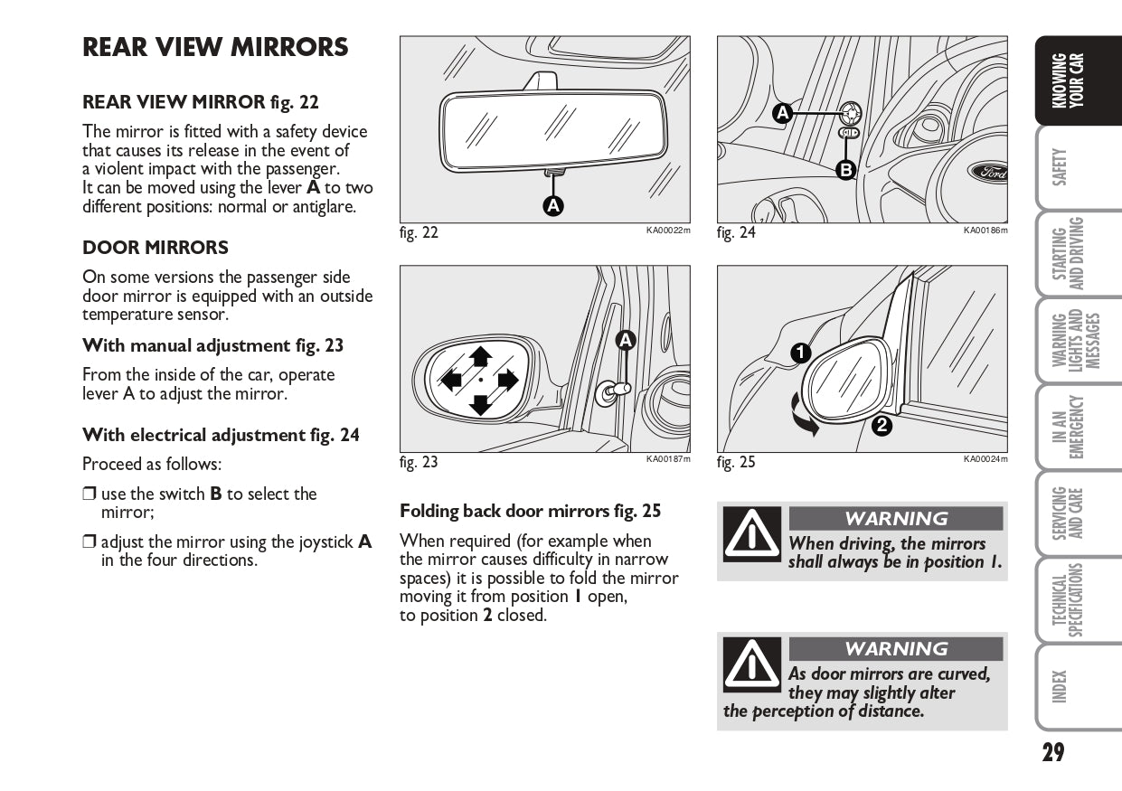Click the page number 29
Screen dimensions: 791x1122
1052,751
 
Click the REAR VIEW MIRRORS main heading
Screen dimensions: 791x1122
215,48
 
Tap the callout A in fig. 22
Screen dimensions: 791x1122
552,205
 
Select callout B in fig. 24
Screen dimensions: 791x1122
845,169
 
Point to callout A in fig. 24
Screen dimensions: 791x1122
783,114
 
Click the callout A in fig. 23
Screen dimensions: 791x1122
626,340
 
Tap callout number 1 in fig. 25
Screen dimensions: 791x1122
799,353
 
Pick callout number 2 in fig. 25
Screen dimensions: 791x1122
881,427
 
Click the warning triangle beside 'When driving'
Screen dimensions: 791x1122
750,535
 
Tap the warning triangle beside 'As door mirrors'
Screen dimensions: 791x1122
750,665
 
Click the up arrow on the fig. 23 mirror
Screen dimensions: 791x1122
480,355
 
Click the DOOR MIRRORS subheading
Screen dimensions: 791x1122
156,248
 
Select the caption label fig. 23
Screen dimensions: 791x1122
419,462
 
